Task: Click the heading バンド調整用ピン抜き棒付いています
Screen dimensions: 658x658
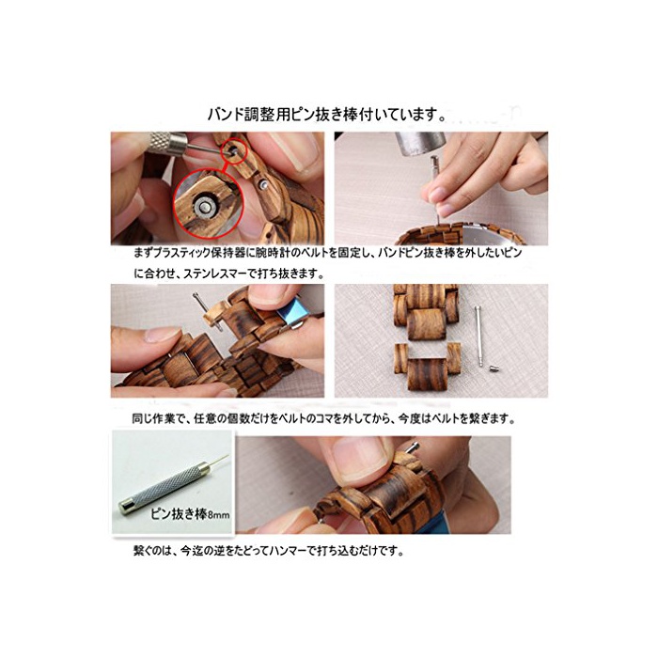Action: click(x=327, y=115)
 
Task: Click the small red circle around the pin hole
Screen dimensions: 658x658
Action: click(x=231, y=151)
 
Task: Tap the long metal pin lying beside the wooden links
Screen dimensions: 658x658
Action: click(x=478, y=337)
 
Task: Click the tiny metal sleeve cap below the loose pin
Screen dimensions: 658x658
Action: click(x=493, y=369)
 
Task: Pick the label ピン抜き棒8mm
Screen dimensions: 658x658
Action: click(x=190, y=513)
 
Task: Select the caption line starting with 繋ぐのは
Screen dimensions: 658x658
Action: click(x=269, y=550)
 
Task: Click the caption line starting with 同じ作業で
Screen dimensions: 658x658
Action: click(x=323, y=419)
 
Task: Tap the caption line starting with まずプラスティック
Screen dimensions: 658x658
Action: click(x=328, y=253)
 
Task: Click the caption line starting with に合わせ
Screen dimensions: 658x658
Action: click(x=229, y=274)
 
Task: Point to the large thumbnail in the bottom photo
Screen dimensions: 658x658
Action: click(x=360, y=459)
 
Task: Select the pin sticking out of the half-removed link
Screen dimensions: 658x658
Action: click(x=207, y=311)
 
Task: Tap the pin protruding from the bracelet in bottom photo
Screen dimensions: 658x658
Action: click(x=413, y=447)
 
